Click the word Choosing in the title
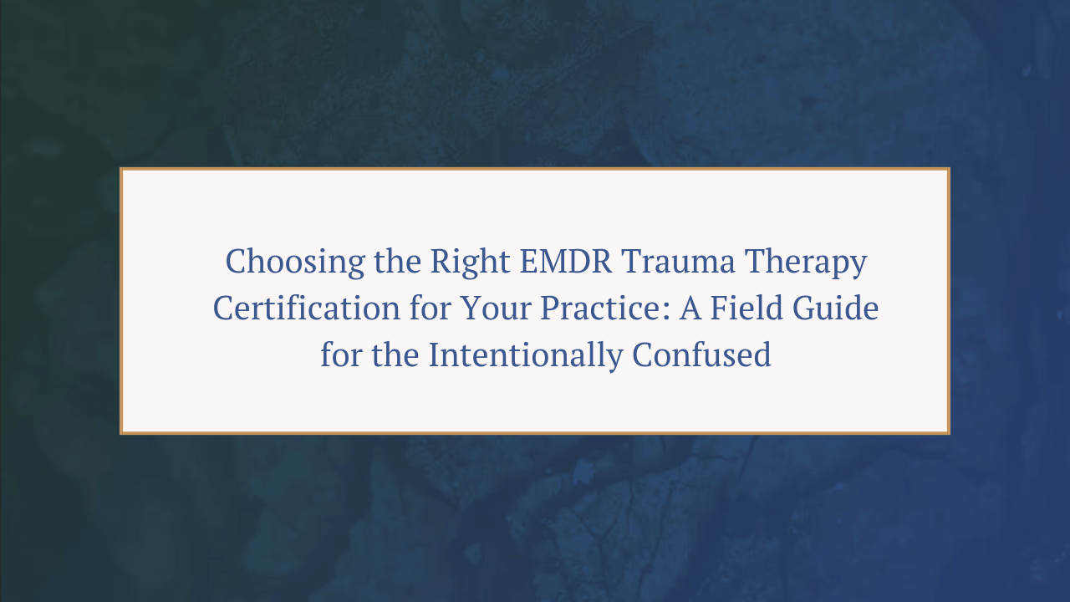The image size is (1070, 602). tap(284, 263)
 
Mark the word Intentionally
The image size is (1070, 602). tap(526, 356)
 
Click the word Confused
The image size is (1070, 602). tap(701, 356)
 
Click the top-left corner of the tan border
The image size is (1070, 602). tap(122, 170)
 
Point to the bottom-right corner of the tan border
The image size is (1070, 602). tap(948, 432)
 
